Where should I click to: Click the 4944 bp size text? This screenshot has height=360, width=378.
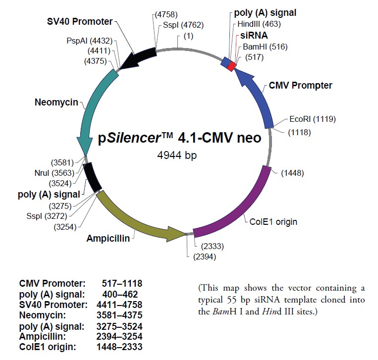[x=177, y=155]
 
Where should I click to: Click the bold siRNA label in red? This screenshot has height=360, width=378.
[x=254, y=36]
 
